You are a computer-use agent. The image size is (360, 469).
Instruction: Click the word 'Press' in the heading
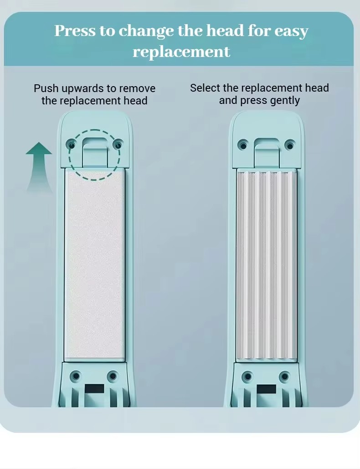tap(75, 31)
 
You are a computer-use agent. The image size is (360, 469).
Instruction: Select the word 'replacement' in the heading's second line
tap(181, 52)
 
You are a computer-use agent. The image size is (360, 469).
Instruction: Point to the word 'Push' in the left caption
tap(46, 88)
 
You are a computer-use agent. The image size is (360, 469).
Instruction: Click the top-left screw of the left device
tap(71, 145)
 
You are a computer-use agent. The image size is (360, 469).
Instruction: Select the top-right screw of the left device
tap(118, 145)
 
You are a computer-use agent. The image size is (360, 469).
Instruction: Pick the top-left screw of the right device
tap(243, 145)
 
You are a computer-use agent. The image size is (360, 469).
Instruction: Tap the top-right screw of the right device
tap(290, 145)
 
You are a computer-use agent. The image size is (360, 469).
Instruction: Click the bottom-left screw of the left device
tap(76, 376)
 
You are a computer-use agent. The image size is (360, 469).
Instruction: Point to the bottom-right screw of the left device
tap(113, 376)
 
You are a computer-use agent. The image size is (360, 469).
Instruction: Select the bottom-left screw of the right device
tap(247, 376)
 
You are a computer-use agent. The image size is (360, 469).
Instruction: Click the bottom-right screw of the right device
tap(285, 376)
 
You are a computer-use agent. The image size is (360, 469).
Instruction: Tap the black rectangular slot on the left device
tap(94, 389)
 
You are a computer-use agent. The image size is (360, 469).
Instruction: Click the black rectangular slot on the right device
tap(267, 389)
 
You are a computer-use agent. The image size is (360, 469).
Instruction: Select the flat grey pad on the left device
tap(94, 264)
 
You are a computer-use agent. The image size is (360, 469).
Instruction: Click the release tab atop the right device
tap(267, 153)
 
